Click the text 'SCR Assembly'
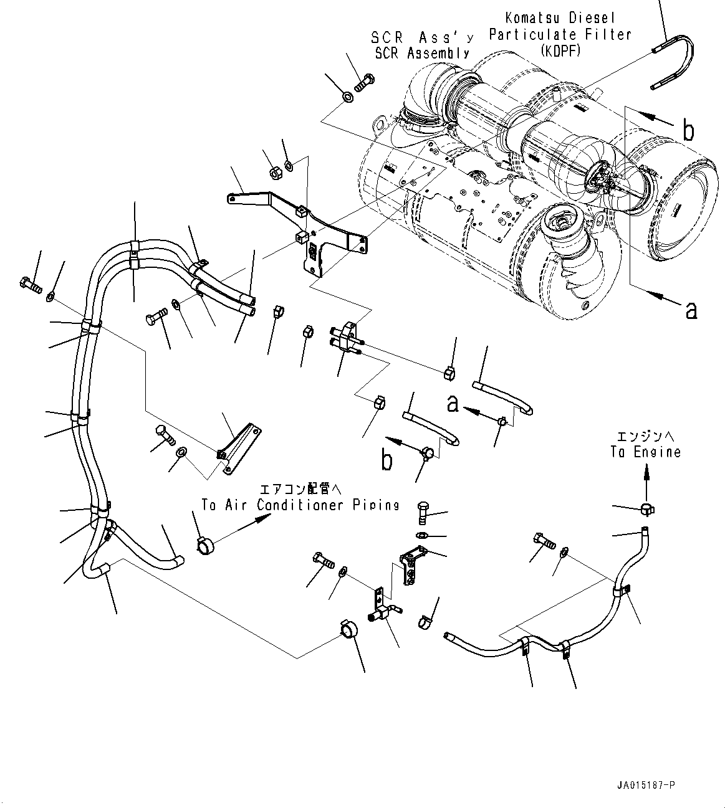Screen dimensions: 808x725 point(421,54)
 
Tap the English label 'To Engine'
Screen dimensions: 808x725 point(645,452)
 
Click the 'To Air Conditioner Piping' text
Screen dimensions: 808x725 point(300,505)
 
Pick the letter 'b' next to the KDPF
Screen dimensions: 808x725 point(688,130)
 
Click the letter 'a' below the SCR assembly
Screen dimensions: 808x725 point(691,309)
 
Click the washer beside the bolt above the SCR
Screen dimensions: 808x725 point(347,97)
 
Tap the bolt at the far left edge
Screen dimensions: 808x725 point(31,285)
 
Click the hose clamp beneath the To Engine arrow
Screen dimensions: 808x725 point(646,510)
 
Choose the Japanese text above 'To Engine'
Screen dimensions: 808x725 point(645,437)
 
